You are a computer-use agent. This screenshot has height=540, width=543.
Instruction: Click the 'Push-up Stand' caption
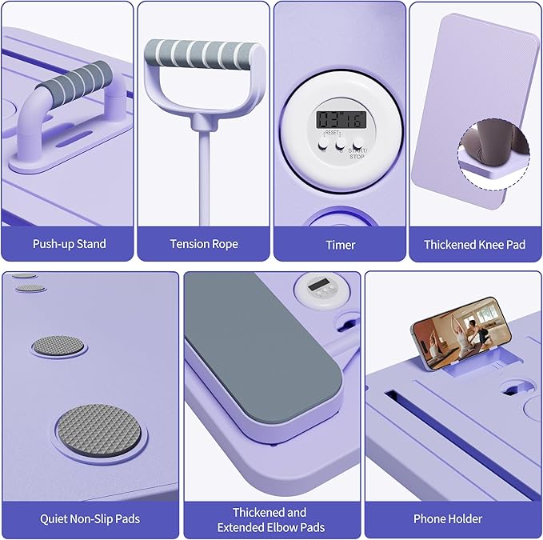click(x=70, y=244)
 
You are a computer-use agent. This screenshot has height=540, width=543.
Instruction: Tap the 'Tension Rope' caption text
click(x=204, y=244)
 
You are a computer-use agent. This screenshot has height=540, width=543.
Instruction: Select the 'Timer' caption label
click(x=341, y=245)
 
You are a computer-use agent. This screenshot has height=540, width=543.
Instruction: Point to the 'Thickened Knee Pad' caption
click(x=474, y=245)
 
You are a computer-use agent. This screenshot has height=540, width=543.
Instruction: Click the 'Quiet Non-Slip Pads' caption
click(x=90, y=519)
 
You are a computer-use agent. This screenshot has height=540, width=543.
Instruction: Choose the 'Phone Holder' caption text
click(x=448, y=519)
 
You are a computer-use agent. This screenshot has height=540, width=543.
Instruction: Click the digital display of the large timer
click(x=341, y=119)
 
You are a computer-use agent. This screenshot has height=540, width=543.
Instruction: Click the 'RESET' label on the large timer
click(x=332, y=133)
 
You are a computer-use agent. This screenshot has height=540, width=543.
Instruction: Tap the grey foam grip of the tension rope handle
click(x=202, y=54)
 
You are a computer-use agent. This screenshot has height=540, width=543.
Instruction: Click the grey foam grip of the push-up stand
click(x=75, y=81)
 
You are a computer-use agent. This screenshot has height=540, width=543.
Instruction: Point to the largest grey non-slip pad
click(x=99, y=430)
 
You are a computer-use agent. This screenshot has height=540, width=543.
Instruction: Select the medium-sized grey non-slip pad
click(x=58, y=346)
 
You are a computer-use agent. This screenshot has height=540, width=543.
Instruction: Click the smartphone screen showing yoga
click(x=462, y=334)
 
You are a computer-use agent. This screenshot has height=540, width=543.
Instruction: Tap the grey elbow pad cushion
click(x=263, y=346)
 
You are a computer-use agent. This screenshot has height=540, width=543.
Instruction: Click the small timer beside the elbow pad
click(x=322, y=290)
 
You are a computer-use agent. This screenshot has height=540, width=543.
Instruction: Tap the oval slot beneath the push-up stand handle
click(x=74, y=138)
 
